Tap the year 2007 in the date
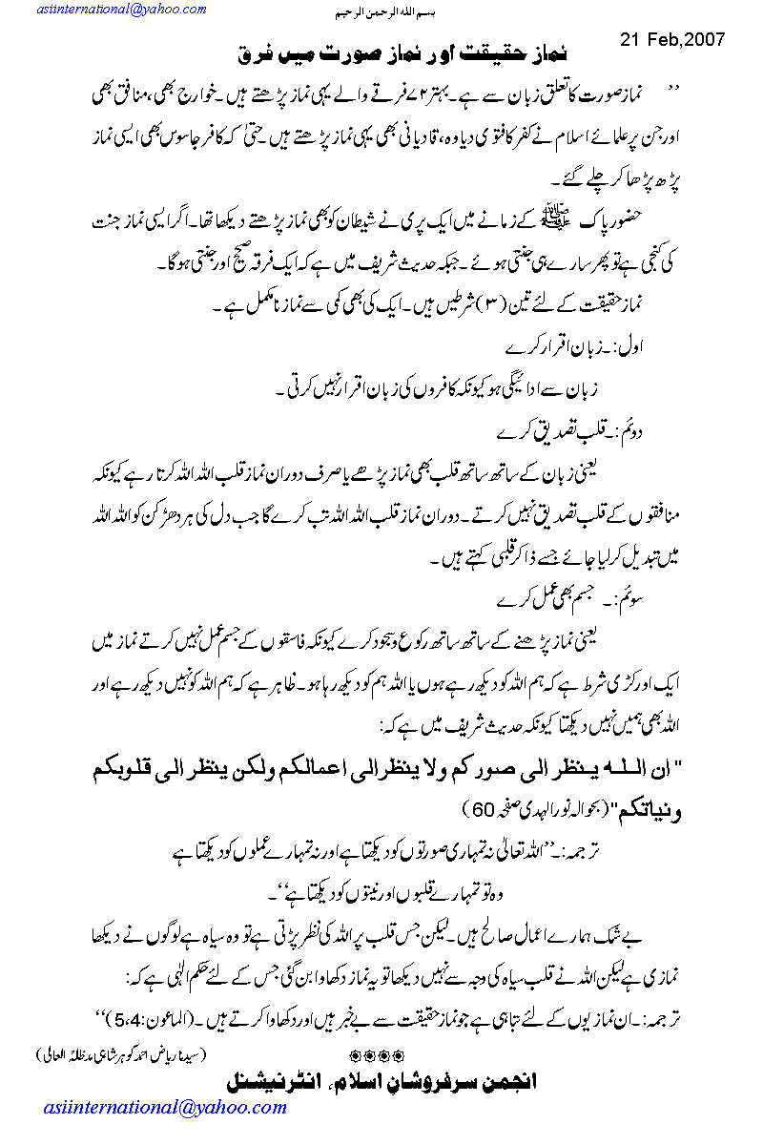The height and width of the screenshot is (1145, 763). (702, 40)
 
